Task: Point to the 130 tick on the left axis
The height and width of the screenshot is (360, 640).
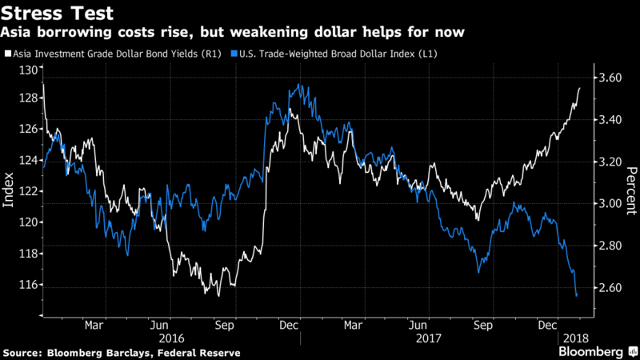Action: click(30, 70)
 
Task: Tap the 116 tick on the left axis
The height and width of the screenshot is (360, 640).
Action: click(30, 285)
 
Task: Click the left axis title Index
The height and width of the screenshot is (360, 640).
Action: click(10, 192)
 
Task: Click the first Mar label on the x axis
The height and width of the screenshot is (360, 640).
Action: click(94, 326)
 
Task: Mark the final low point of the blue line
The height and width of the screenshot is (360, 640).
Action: click(577, 296)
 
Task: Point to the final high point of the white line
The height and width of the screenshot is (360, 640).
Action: click(579, 88)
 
